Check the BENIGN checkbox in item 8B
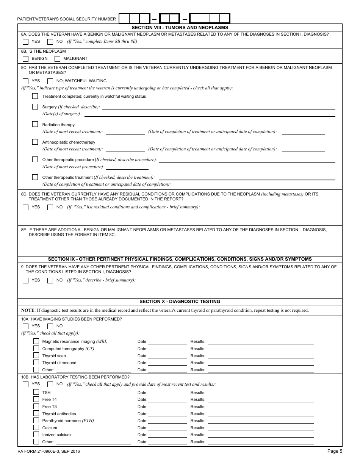point(26,59)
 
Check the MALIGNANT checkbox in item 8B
point(57,59)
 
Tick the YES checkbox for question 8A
point(26,42)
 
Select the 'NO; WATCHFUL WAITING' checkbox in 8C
point(50,81)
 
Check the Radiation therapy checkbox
point(35,124)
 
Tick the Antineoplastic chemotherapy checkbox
point(35,142)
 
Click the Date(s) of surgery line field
point(210,114)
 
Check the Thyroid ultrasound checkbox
point(36,363)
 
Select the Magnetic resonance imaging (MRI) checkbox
point(36,341)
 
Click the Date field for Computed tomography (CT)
point(168,349)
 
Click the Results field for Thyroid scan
point(261,356)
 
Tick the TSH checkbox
point(36,393)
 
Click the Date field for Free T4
point(168,399)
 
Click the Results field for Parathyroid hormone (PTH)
point(261,421)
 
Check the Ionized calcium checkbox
point(36,435)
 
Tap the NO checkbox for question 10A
point(50,326)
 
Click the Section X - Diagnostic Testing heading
point(180,302)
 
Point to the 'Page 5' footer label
point(335,451)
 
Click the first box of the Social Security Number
point(124,19)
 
